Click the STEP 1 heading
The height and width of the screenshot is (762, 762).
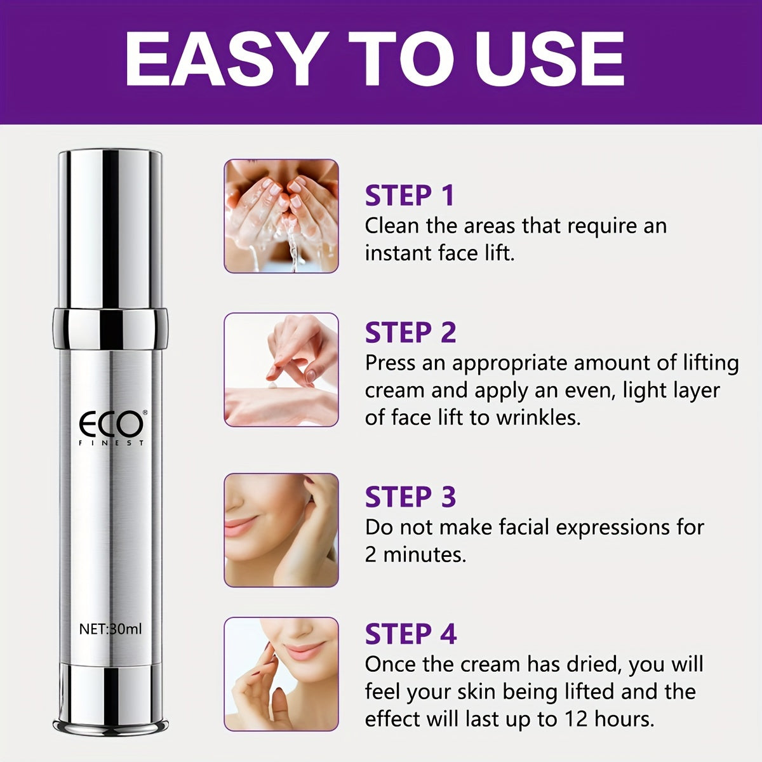pos(410,196)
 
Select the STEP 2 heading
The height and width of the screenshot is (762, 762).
pos(410,332)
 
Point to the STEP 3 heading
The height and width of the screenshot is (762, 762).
pos(410,497)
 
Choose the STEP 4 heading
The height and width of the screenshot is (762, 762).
pos(411,634)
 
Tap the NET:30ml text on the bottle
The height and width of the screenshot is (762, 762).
pos(110,629)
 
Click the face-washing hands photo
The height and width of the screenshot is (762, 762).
pos(281,216)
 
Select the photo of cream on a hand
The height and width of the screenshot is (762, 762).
pos(281,370)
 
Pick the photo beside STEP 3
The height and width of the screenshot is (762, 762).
pos(281,530)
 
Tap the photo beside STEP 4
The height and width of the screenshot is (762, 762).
pos(281,674)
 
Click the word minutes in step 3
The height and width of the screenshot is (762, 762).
pos(424,554)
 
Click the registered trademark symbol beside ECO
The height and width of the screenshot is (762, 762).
pos(145,413)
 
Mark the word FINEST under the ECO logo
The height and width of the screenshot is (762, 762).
pos(112,443)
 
